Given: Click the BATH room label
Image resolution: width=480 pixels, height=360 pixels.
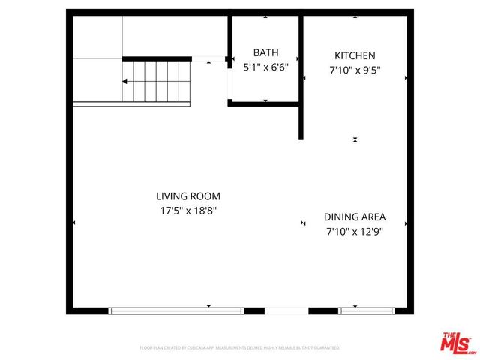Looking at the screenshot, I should coord(265,52).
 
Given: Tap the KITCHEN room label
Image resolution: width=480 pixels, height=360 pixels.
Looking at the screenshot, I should coord(355,55).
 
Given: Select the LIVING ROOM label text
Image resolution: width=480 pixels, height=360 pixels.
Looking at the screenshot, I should coord(187,196).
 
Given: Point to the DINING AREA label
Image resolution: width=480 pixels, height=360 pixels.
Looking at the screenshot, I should coord(355,217).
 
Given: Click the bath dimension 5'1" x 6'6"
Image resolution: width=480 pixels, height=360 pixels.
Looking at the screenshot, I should coord(265,66).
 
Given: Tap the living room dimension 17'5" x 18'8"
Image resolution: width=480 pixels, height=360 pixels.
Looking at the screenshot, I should coord(187,211).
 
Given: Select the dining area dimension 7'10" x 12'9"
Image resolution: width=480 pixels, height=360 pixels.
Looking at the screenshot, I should coord(355,232).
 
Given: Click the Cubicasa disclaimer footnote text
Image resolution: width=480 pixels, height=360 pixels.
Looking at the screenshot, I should coord(240,348).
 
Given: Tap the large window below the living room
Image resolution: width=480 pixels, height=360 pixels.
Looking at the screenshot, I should coord(176,310).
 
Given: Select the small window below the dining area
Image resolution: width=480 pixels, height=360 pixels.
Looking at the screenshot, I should coord(367,310).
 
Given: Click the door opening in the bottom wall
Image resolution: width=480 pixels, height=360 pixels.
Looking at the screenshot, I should coord(286,310).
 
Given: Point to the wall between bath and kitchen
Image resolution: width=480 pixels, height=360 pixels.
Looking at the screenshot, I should coord(301,75).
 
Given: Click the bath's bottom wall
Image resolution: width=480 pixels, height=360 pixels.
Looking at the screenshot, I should coord(265,103).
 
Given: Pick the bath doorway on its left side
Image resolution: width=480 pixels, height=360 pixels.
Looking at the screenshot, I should coord(229,79).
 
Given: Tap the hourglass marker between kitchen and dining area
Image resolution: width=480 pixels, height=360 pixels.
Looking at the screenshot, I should coord(355,139).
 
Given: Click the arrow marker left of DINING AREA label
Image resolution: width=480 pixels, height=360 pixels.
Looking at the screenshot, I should coord(303,223).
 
